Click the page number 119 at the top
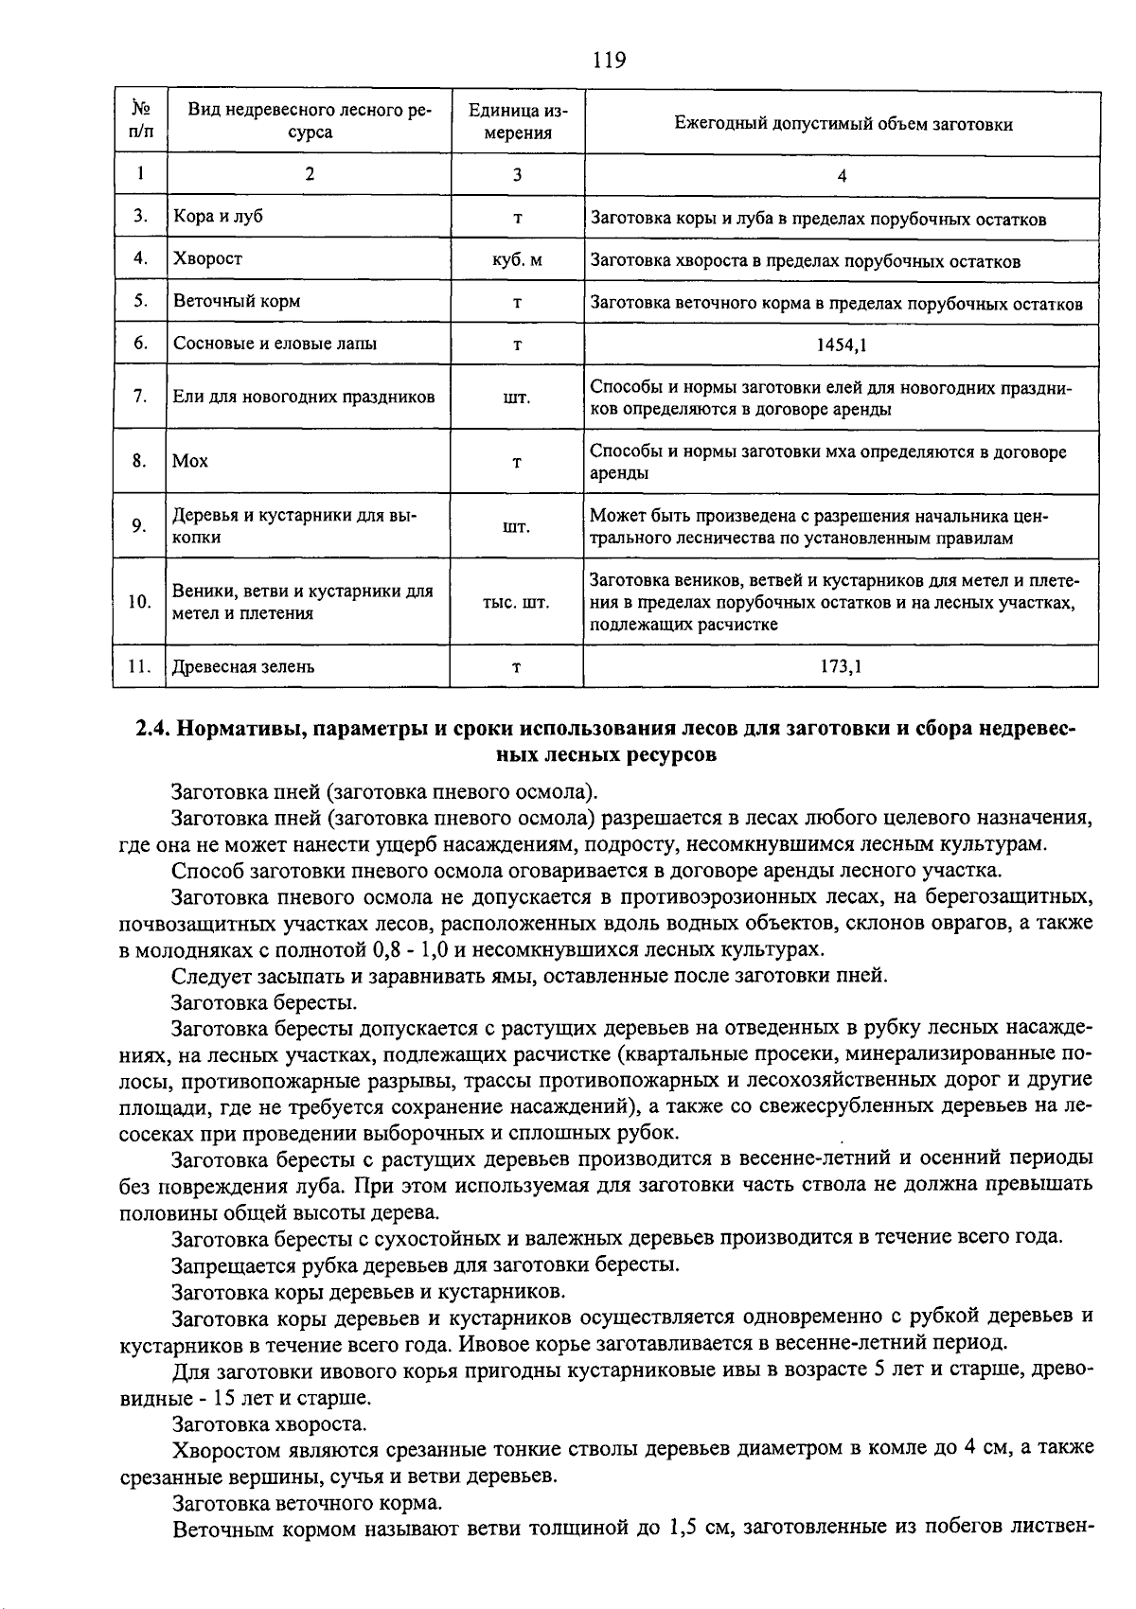pyautogui.click(x=609, y=62)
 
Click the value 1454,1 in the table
pyautogui.click(x=842, y=345)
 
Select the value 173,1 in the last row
pyautogui.click(x=841, y=666)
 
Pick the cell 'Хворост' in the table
pyautogui.click(x=207, y=258)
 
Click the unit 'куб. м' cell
pyautogui.click(x=517, y=260)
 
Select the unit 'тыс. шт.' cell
pyautogui.click(x=516, y=603)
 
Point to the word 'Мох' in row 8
pyautogui.click(x=190, y=462)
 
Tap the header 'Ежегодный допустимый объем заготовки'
pyautogui.click(x=843, y=124)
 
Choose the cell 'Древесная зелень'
pyautogui.click(x=243, y=666)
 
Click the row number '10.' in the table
pyautogui.click(x=139, y=603)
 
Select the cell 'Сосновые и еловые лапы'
pyautogui.click(x=267, y=344)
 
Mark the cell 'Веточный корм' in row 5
pyautogui.click(x=237, y=302)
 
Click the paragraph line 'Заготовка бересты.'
pyautogui.click(x=264, y=1001)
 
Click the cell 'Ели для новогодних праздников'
pyautogui.click(x=304, y=398)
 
